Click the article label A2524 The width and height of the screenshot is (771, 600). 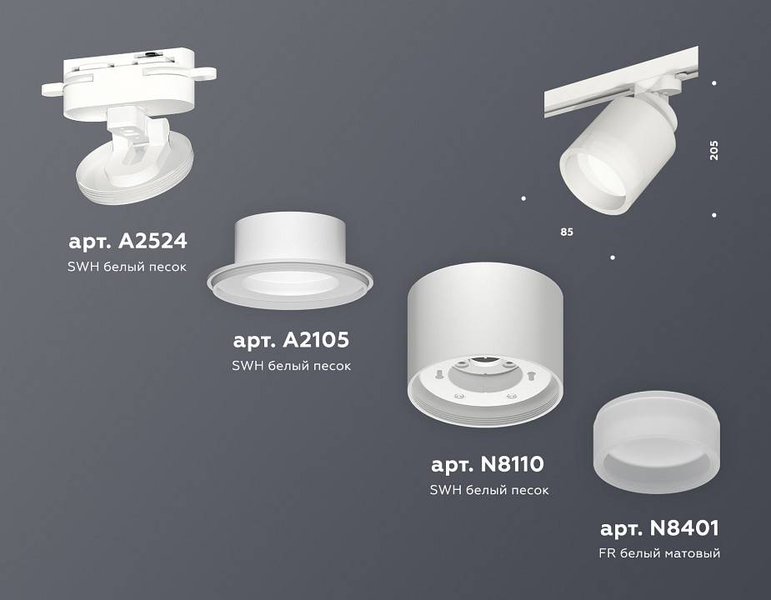(127, 242)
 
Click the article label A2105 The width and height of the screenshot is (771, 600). (290, 341)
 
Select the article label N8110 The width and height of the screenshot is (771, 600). (488, 463)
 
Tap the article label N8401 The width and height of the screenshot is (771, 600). (658, 527)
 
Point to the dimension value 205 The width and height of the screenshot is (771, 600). (713, 149)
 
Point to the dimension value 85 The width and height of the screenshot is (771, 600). (567, 232)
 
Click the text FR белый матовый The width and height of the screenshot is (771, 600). (658, 552)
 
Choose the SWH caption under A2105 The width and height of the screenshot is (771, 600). (290, 366)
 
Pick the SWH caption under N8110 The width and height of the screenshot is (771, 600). (488, 490)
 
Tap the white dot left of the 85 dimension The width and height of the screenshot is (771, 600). (523, 198)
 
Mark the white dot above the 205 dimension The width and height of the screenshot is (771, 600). (714, 82)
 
